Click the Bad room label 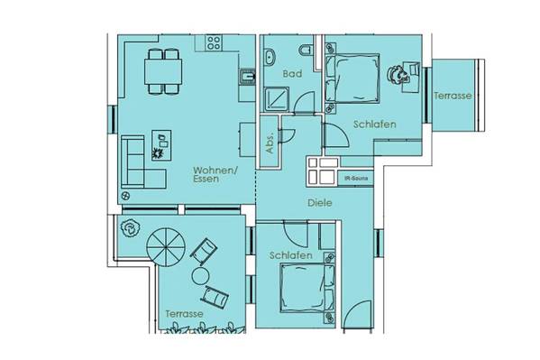[292, 73]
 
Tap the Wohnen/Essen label [215, 174]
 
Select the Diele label [320, 203]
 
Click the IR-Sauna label [356, 179]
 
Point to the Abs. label [270, 142]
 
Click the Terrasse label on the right [453, 96]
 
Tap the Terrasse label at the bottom [184, 314]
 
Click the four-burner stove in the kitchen [214, 42]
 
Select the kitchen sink [247, 77]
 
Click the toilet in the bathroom [307, 51]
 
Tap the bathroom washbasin [270, 57]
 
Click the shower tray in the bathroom [277, 99]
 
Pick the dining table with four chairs [163, 71]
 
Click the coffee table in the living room [161, 145]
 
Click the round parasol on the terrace [166, 247]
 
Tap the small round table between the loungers [200, 275]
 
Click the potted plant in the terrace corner [131, 228]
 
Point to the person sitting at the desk [397, 74]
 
